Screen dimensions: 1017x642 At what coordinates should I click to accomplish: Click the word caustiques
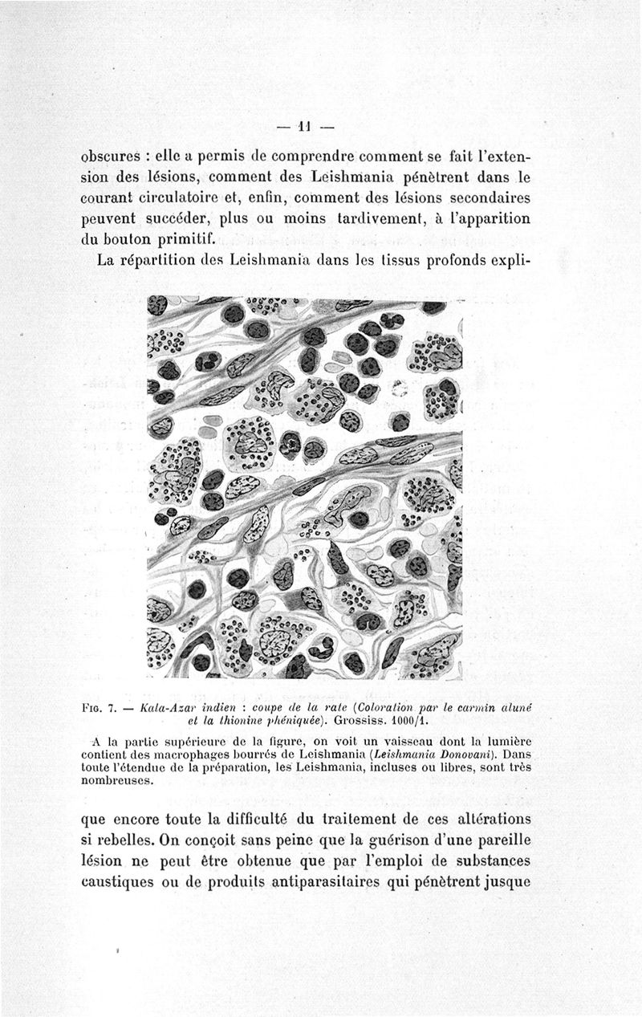click(x=124, y=881)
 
